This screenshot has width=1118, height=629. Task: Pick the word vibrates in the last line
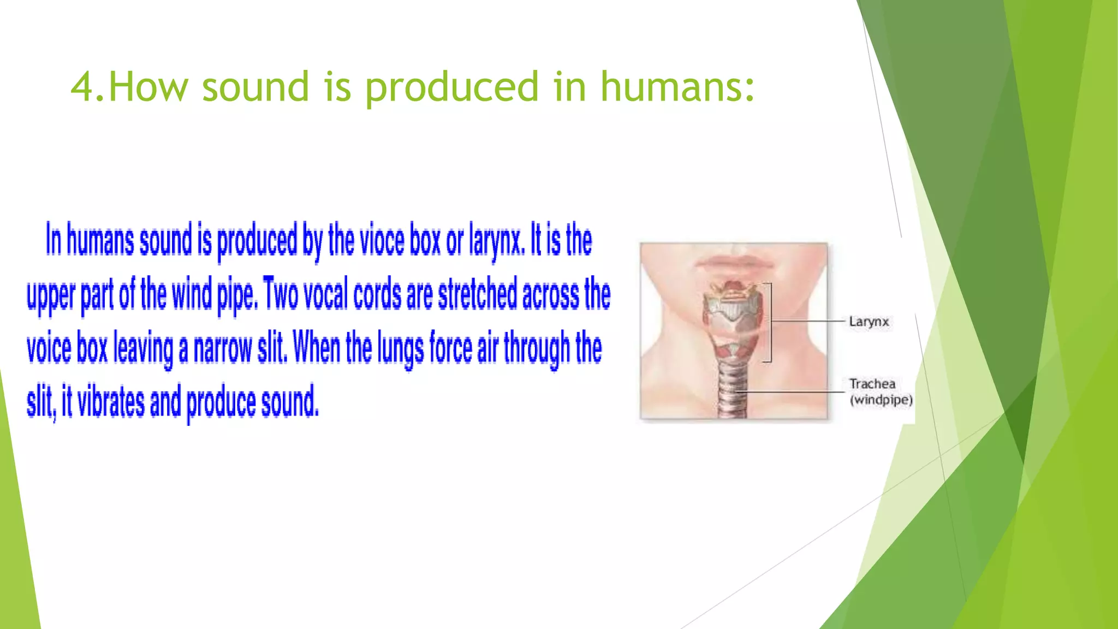pos(111,402)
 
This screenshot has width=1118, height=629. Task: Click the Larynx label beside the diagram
pos(869,322)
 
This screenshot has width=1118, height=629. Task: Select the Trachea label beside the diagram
pos(872,384)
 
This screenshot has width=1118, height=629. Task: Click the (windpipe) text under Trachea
pos(881,400)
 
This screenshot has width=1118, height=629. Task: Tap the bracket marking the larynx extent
pos(770,322)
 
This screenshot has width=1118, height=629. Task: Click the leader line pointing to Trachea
pos(792,391)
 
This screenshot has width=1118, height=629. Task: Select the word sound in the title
pos(255,87)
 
